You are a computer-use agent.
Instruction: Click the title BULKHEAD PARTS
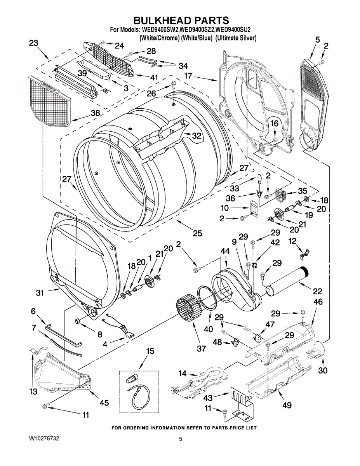point(181,20)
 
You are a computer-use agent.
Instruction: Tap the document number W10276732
point(44,438)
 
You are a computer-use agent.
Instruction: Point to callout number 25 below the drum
point(197,233)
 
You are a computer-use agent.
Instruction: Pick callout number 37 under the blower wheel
point(201,348)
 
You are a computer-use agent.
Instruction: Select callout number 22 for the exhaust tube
point(317,291)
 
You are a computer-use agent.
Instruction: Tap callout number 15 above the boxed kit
point(150,351)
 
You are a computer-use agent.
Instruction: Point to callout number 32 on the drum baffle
point(197,136)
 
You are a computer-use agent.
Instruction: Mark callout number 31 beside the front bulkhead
point(40,292)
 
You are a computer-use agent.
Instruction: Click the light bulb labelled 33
point(260,179)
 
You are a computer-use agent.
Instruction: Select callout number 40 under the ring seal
point(208,329)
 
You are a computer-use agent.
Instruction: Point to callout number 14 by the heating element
point(183,373)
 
